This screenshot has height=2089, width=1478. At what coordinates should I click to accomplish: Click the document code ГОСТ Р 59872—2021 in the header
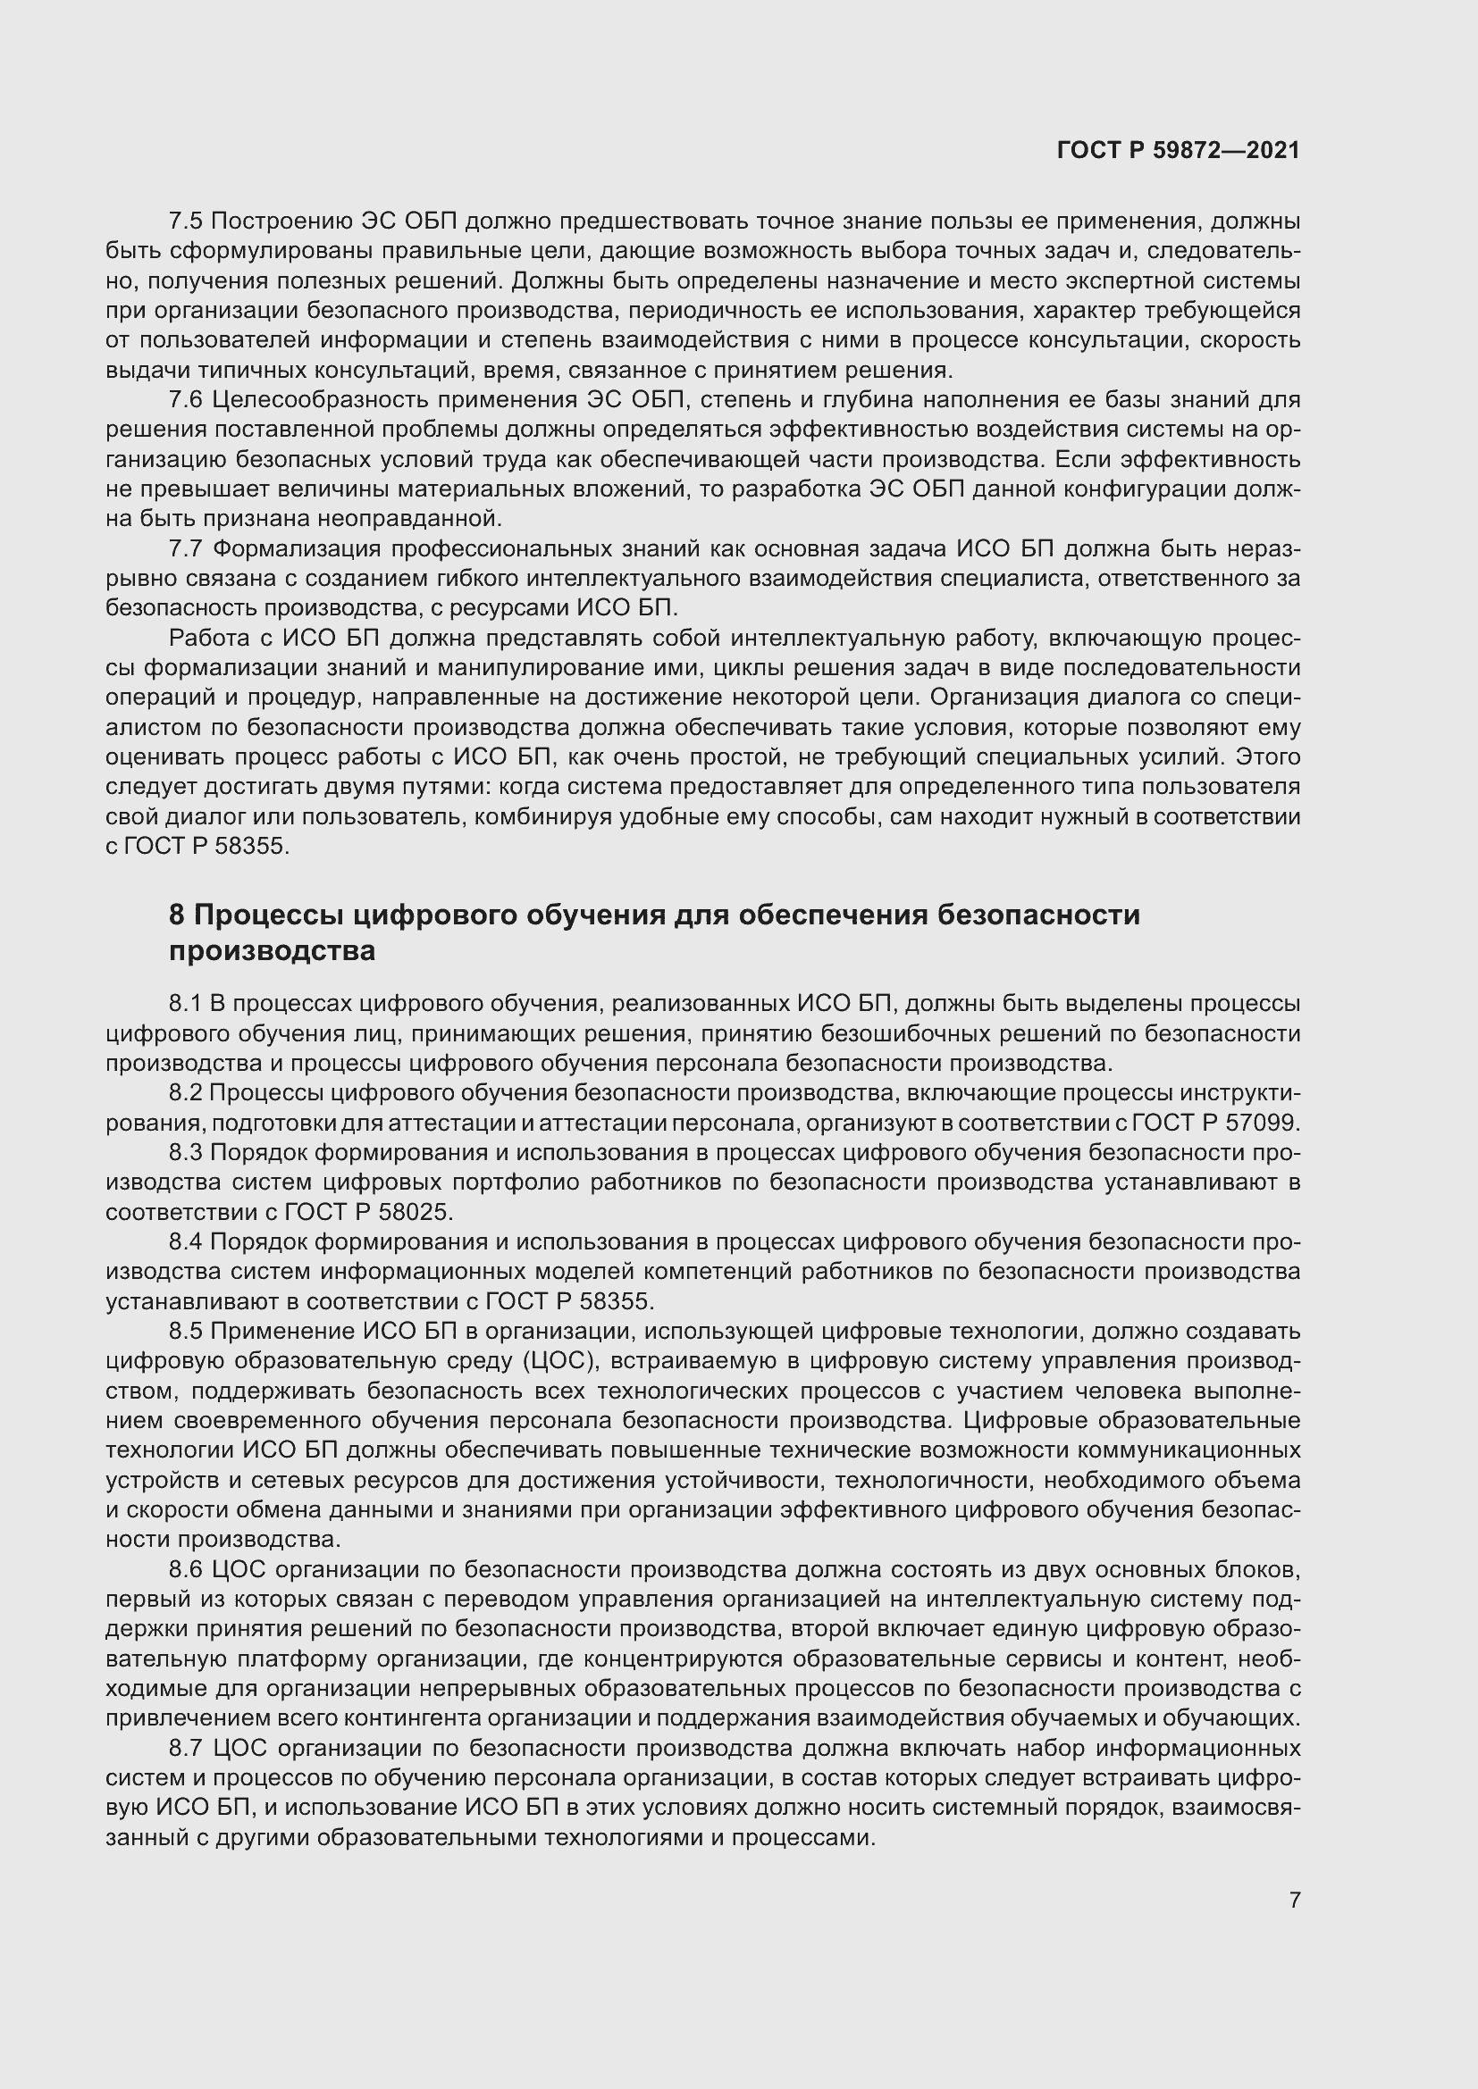click(x=1178, y=150)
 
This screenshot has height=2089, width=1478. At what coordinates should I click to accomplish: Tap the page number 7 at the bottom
click(x=1295, y=1900)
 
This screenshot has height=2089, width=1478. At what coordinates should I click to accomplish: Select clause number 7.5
click(x=185, y=221)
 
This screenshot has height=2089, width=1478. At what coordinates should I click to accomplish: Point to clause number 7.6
click(x=185, y=400)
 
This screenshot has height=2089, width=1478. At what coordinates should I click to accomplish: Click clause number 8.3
click(x=185, y=1153)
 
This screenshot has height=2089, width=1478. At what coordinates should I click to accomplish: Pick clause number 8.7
click(x=185, y=1749)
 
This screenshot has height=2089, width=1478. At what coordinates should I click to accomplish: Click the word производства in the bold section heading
click(x=273, y=952)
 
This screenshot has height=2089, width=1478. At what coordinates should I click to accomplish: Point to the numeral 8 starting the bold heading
click(x=177, y=915)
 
